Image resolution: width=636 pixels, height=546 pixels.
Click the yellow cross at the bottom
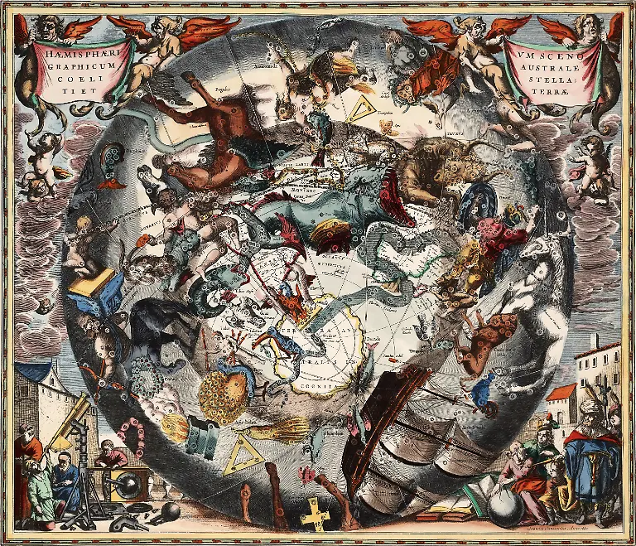[x=316, y=515]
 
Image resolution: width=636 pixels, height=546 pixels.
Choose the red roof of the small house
[x=562, y=390]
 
